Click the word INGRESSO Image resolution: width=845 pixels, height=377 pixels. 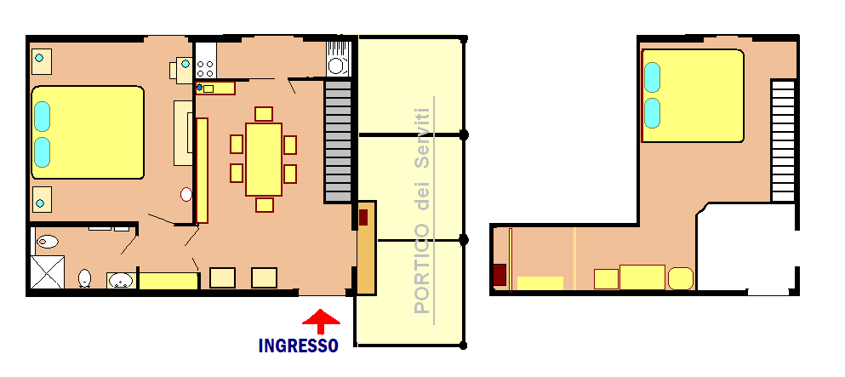(298, 346)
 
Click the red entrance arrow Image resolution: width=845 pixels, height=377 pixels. (321, 322)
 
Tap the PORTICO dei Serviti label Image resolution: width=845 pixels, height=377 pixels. (422, 210)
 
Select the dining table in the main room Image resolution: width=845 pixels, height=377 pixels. (264, 159)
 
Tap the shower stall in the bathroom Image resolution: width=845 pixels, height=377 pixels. (47, 272)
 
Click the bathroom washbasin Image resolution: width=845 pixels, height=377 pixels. (121, 281)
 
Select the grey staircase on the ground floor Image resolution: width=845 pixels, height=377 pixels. (338, 141)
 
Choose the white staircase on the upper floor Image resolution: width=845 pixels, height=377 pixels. (783, 141)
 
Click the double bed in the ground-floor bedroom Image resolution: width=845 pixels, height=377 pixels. (88, 132)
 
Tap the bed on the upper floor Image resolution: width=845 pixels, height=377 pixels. (693, 96)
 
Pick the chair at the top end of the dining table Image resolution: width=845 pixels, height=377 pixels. (264, 114)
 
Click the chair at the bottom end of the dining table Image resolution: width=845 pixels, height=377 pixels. (264, 205)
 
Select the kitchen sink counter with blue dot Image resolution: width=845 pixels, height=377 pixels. (215, 88)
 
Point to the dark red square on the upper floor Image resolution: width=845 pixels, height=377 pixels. (500, 275)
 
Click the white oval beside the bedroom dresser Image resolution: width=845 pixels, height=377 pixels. (186, 194)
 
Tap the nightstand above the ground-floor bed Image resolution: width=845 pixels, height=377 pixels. (42, 61)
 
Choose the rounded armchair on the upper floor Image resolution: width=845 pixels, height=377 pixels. (681, 278)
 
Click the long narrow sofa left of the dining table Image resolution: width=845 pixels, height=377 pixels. (202, 170)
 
